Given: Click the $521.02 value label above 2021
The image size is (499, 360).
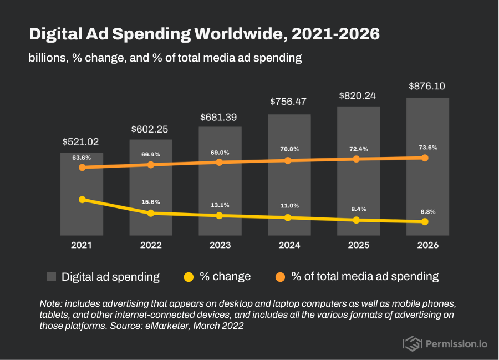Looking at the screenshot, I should (82, 142).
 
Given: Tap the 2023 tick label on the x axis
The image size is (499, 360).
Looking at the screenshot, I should (220, 245).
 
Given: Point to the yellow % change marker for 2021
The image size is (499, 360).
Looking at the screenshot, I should (82, 199).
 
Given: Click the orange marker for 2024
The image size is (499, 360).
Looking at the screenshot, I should (288, 160).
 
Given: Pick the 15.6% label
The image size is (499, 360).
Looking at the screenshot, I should (150, 201).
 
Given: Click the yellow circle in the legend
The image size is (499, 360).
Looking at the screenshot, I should (189, 277).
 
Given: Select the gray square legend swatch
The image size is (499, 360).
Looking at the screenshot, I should (52, 277).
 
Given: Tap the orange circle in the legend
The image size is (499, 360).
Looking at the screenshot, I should (280, 277).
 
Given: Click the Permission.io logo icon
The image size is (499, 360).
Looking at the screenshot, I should (412, 344).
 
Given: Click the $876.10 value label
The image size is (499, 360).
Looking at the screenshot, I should (427, 86).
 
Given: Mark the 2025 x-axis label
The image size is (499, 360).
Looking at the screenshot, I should (358, 245).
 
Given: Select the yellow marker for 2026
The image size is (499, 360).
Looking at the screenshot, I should (425, 221).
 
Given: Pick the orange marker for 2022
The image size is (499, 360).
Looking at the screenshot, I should (150, 164).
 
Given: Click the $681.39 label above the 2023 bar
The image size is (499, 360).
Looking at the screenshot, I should (219, 117).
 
